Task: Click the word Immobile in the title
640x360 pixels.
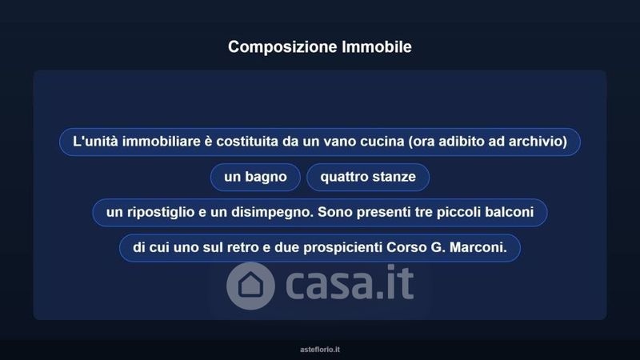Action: coord(377,46)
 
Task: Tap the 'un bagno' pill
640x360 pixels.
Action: coord(255,177)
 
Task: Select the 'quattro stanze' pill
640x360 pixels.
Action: coord(368,177)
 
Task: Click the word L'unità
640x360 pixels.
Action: coord(95,142)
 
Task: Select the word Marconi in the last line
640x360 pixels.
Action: coord(478,247)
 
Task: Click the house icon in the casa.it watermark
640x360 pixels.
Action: coord(250,286)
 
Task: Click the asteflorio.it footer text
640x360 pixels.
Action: coord(320,350)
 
